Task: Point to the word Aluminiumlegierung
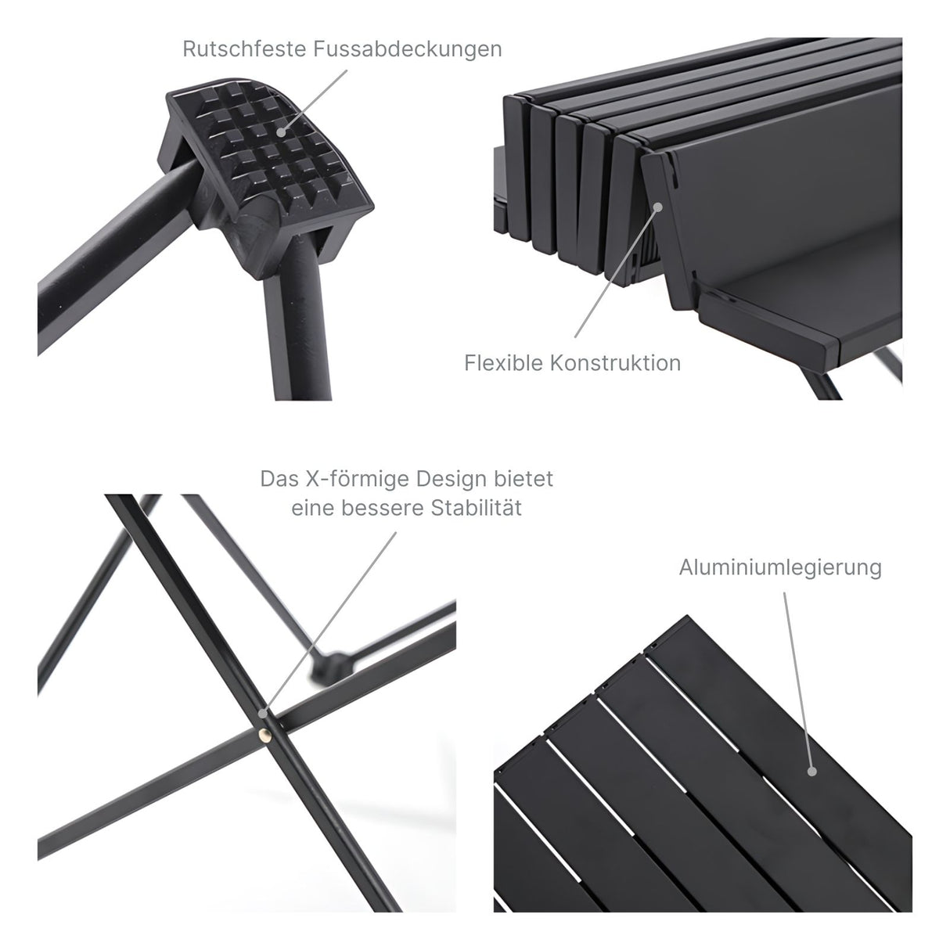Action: click(x=780, y=567)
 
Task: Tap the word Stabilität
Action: click(x=477, y=508)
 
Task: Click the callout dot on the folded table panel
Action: click(x=658, y=207)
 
